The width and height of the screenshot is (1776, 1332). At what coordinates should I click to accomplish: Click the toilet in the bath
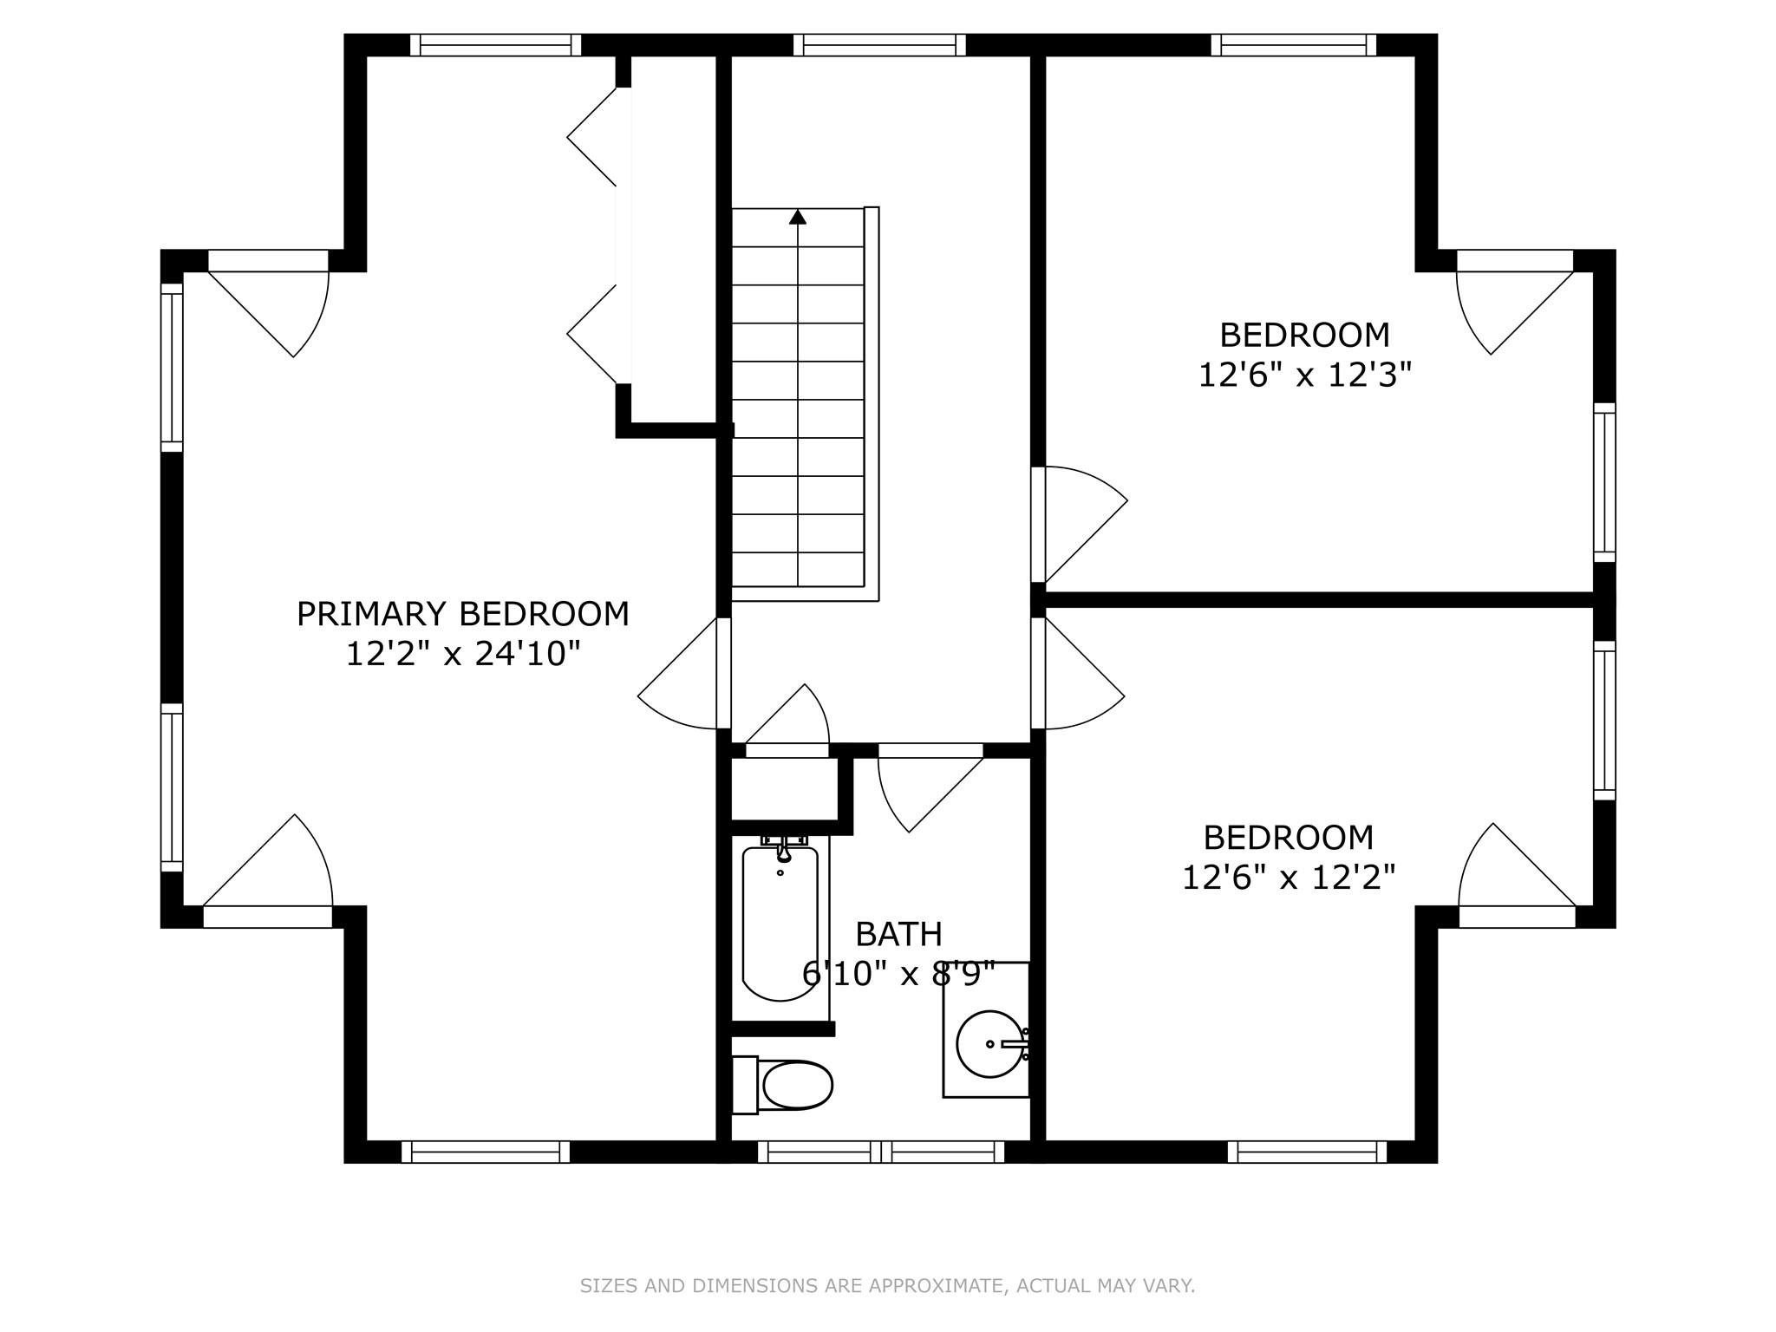tap(782, 1084)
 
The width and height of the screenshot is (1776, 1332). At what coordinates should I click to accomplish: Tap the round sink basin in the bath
tap(989, 1043)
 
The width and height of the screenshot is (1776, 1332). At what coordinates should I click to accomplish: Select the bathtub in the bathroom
tap(780, 923)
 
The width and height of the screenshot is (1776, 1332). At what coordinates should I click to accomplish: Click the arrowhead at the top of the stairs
tap(798, 217)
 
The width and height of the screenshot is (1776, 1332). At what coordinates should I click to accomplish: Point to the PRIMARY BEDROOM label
tap(463, 614)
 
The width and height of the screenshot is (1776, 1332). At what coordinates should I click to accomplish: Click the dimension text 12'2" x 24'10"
tap(463, 654)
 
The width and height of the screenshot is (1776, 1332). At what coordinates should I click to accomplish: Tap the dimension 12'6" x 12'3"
tap(1305, 375)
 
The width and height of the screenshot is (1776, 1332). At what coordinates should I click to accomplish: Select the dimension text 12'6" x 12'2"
tap(1289, 878)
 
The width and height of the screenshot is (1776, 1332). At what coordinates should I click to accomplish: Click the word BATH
tap(898, 934)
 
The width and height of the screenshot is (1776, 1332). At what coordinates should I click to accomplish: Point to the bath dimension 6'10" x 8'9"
tap(898, 974)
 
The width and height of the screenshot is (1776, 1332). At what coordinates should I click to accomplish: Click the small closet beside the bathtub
tap(784, 788)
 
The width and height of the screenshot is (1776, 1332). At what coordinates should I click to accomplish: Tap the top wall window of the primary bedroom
tap(495, 45)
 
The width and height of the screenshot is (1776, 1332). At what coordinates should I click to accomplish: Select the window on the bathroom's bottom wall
tap(881, 1152)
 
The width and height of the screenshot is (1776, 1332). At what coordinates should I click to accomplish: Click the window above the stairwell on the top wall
tap(879, 45)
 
